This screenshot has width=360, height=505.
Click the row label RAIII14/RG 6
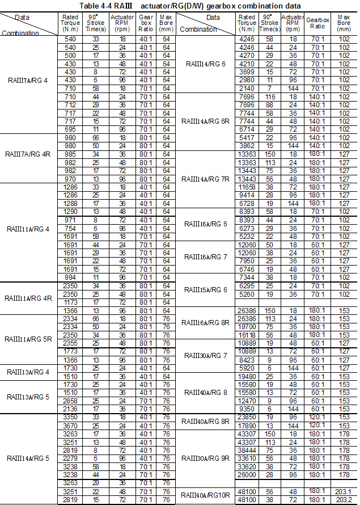click(x=205, y=64)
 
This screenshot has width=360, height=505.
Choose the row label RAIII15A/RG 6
click(x=205, y=290)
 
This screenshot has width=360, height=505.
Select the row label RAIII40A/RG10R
click(x=206, y=495)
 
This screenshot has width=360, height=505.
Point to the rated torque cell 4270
click(x=247, y=56)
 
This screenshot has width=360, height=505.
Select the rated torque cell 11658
click(x=247, y=186)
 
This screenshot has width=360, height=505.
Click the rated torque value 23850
click(x=247, y=416)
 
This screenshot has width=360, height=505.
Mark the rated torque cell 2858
click(x=69, y=400)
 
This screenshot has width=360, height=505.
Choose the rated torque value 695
click(x=69, y=129)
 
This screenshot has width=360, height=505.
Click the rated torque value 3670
click(x=69, y=425)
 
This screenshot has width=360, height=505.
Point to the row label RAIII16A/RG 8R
click(x=205, y=322)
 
